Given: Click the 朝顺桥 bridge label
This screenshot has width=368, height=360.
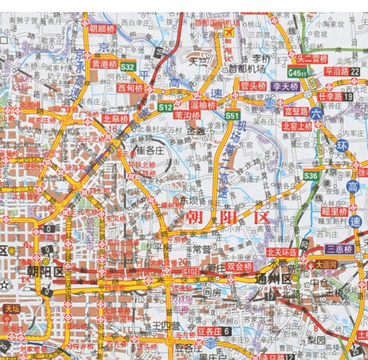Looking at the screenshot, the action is pos(102,30).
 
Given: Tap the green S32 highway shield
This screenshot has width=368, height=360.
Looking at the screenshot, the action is pos(128,66).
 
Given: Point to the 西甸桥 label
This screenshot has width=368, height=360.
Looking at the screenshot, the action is pos(130,88).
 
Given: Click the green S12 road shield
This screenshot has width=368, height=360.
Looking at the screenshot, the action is pos(165,107).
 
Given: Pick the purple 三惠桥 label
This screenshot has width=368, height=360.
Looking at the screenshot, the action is pos(340,249).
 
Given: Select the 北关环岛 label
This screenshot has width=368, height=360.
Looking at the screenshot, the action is pos(282,250).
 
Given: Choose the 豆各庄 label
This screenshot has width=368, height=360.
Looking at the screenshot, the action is pos(209,330).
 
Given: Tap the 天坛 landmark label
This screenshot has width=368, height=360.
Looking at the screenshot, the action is pos(11,308).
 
